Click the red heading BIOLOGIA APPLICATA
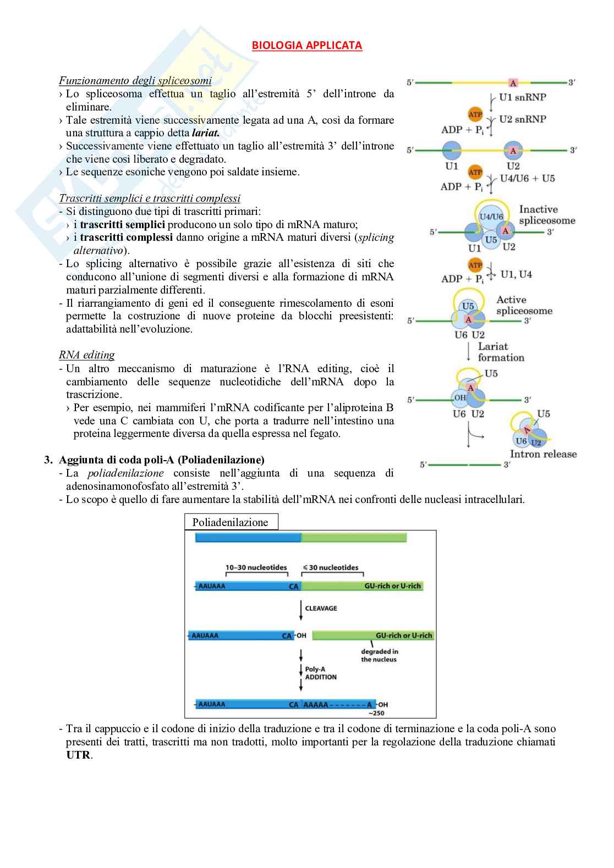point(307,46)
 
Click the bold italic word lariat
point(205,133)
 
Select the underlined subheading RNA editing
point(87,355)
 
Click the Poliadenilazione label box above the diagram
point(231,522)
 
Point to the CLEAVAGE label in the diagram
point(321,609)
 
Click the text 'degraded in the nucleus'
point(379,656)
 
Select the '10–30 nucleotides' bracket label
point(256,568)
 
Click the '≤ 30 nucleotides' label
point(330,568)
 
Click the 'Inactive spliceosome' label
point(546,215)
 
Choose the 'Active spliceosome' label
point(524,305)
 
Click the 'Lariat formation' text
point(501,352)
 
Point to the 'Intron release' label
point(543,454)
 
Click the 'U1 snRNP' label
point(522,97)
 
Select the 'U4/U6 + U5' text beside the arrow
point(527,179)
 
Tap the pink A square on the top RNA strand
point(513,83)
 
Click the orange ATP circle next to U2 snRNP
point(475,114)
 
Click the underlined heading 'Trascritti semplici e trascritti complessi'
point(150,198)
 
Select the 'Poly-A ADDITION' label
point(320,673)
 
